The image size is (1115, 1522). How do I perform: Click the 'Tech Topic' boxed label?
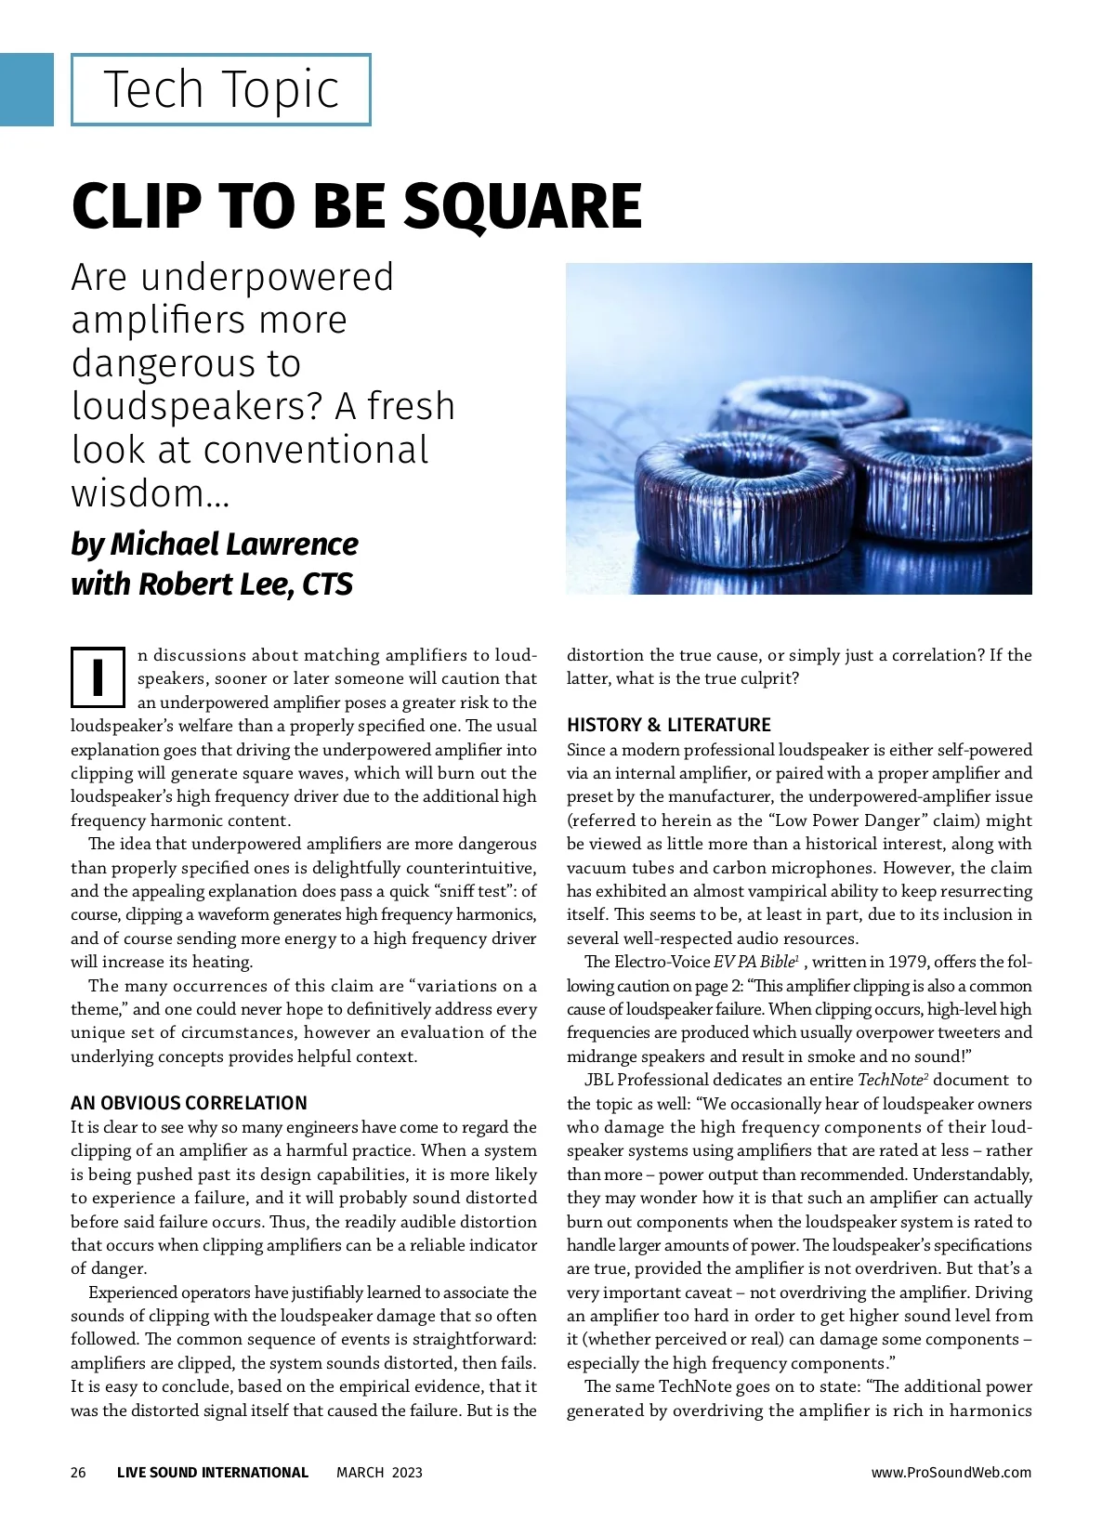[221, 90]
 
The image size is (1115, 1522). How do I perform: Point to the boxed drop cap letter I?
[98, 677]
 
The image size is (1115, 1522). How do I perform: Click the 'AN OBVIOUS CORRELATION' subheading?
[189, 1103]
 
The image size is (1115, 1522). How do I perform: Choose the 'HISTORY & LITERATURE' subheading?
[669, 725]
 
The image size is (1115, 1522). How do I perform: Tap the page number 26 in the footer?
[78, 1472]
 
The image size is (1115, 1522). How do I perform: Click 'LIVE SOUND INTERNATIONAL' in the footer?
[213, 1472]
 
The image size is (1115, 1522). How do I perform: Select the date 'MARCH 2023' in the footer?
[379, 1472]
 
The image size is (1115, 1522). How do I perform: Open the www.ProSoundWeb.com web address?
[951, 1472]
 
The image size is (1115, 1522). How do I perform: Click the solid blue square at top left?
[26, 89]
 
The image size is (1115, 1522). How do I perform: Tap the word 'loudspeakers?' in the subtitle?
[198, 407]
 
